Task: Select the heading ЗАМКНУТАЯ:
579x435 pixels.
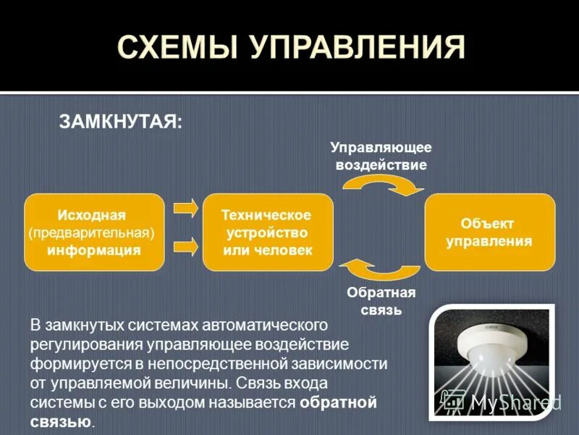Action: (x=120, y=121)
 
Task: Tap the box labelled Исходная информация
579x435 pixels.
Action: (x=94, y=233)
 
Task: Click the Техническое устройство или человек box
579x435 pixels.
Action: (x=267, y=233)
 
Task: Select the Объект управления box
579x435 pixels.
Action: (x=489, y=233)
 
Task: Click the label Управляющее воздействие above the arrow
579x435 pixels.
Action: (x=381, y=156)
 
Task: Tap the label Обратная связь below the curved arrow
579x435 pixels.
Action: (x=381, y=302)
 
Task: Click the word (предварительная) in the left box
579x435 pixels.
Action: (x=92, y=233)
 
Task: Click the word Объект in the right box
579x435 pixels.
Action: (x=489, y=224)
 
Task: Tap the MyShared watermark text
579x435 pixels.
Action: (x=515, y=401)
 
